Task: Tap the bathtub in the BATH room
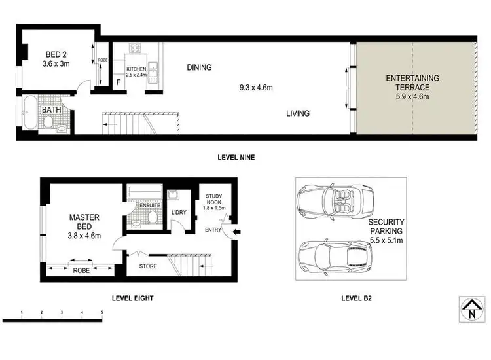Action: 29,117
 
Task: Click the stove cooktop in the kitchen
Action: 136,48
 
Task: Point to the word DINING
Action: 199,67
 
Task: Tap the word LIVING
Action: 298,113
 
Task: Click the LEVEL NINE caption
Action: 236,158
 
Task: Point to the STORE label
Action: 148,266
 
